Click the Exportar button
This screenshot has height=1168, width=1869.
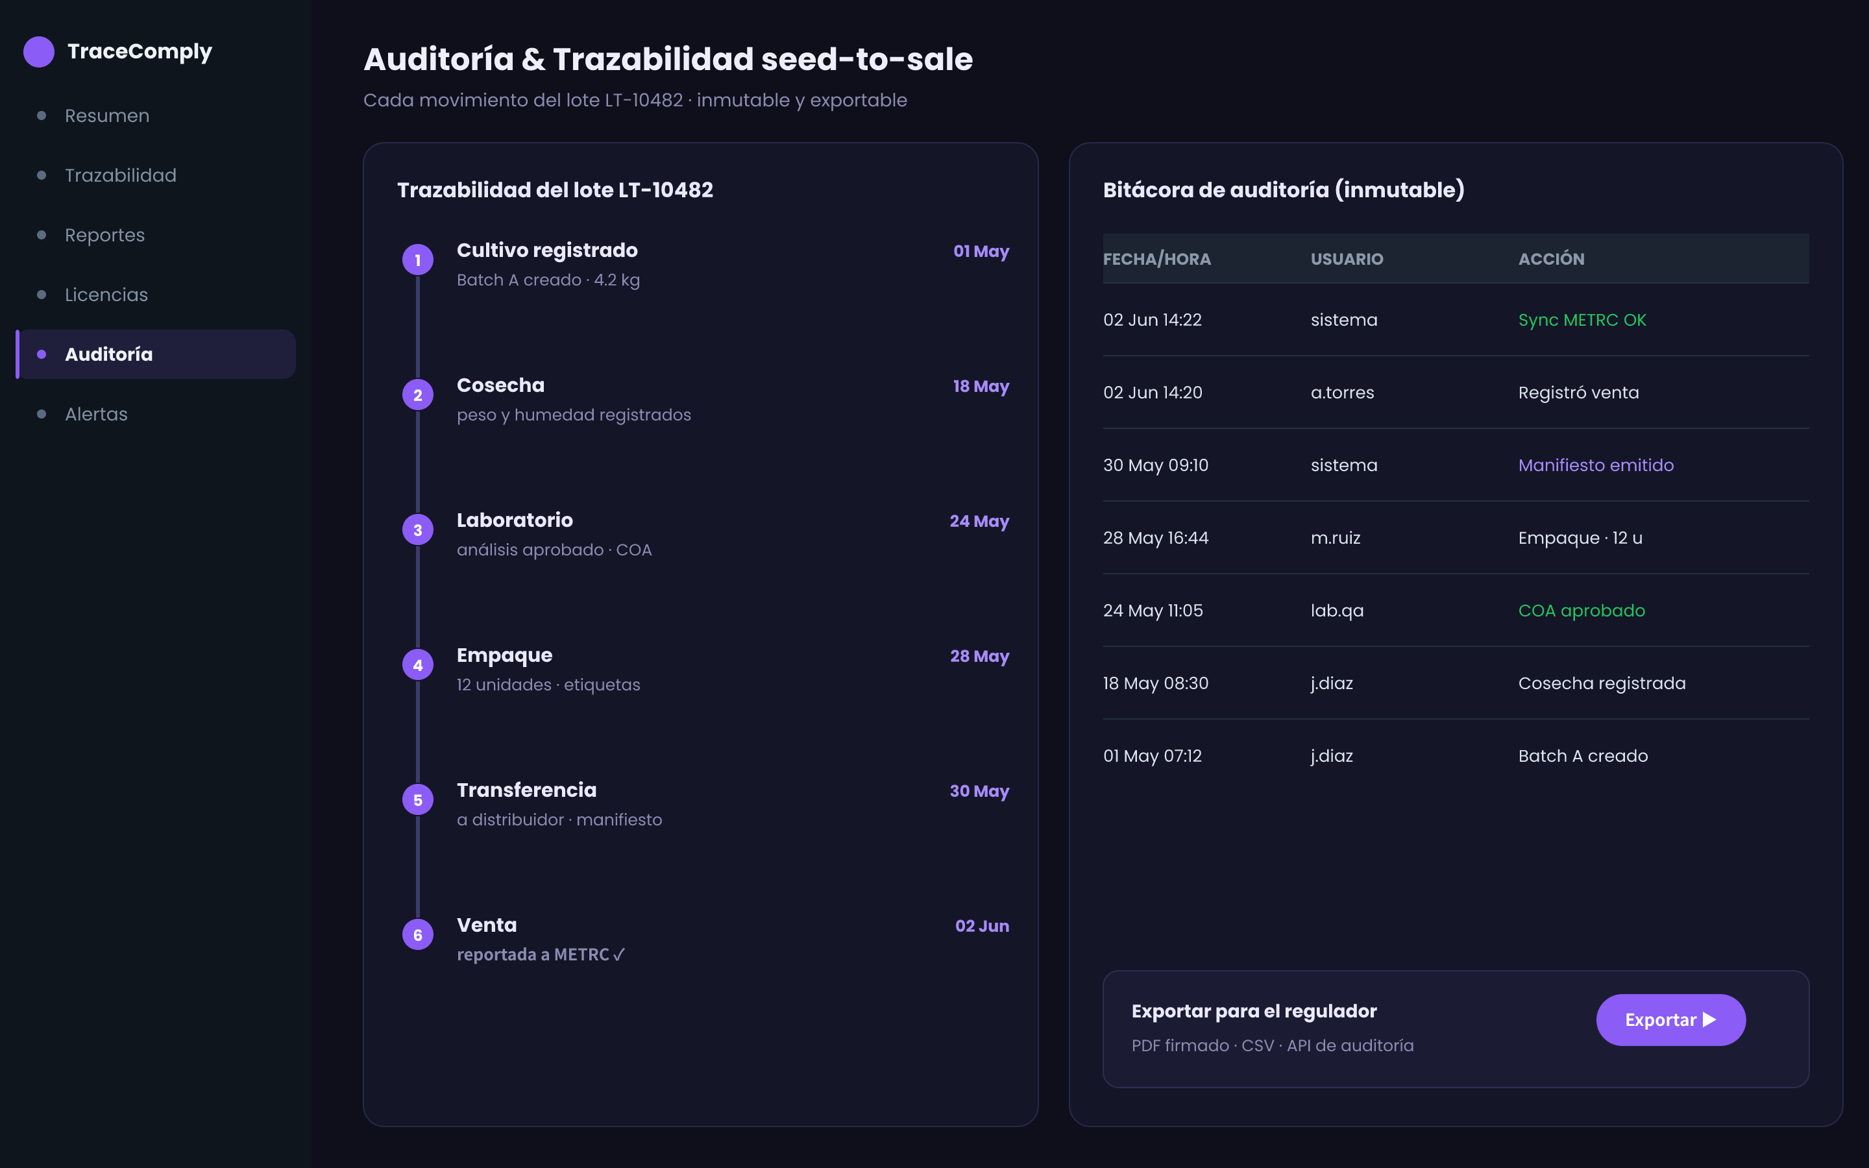click(x=1670, y=1019)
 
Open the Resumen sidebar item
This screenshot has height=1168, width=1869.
click(x=107, y=116)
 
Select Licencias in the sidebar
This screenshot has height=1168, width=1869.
click(x=106, y=295)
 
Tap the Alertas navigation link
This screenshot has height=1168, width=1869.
click(x=97, y=414)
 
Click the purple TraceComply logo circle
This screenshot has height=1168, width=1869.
click(x=39, y=52)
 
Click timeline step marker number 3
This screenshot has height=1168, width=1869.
click(x=418, y=530)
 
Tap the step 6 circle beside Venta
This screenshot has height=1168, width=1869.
click(x=418, y=934)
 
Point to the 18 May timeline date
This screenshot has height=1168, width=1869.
click(x=981, y=386)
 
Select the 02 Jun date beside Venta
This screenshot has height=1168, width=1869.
click(x=983, y=926)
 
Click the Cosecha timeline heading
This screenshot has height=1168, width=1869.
click(x=500, y=385)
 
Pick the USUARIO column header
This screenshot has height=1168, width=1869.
click(x=1347, y=259)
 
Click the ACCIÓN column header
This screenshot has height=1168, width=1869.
click(x=1551, y=259)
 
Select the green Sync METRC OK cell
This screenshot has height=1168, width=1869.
click(x=1582, y=320)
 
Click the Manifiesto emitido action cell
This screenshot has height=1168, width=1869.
click(x=1596, y=465)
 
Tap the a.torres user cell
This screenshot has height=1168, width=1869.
click(x=1342, y=393)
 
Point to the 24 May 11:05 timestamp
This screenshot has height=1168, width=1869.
click(x=1153, y=610)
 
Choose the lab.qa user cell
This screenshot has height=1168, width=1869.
click(x=1337, y=610)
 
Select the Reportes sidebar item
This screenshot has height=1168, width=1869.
click(x=105, y=235)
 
